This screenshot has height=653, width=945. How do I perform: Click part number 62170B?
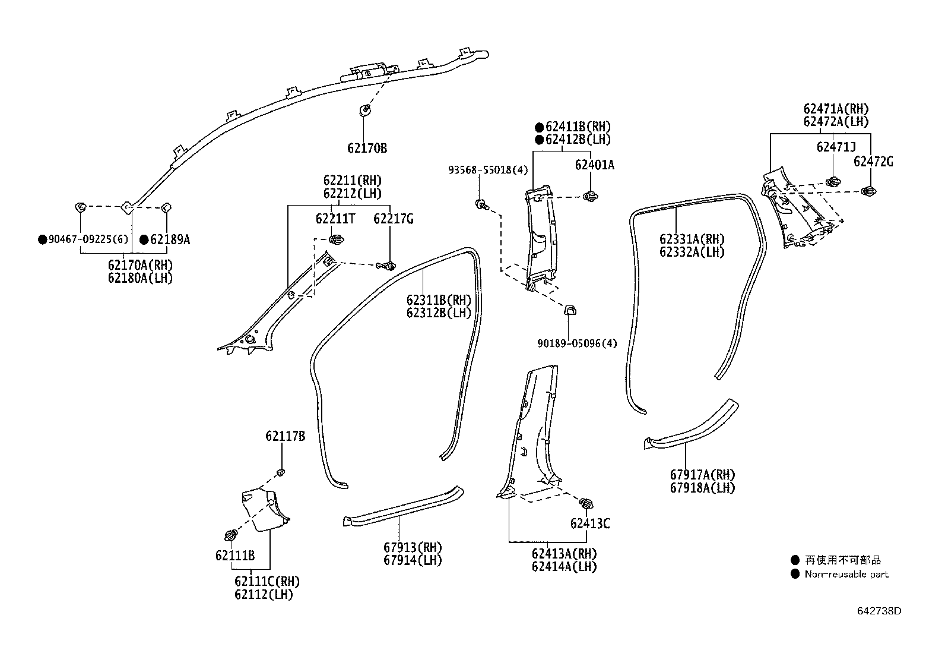click(367, 149)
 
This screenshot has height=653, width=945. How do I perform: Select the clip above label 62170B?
click(364, 111)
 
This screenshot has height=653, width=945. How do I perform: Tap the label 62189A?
click(170, 240)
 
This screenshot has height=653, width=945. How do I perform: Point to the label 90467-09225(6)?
click(88, 239)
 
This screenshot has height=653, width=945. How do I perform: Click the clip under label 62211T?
click(336, 240)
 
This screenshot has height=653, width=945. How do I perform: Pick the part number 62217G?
click(393, 219)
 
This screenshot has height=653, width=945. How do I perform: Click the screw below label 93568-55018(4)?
click(481, 205)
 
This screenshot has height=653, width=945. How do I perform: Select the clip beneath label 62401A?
click(591, 196)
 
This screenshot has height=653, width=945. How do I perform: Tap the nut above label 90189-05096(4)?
click(569, 310)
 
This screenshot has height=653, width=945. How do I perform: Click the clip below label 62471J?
click(833, 182)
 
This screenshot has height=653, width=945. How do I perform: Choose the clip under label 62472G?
click(868, 191)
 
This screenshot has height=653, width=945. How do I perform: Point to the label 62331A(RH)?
click(692, 239)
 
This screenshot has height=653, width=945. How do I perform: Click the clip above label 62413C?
click(586, 503)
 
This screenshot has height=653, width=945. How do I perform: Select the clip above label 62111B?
click(231, 535)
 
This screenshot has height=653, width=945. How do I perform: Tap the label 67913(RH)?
click(413, 547)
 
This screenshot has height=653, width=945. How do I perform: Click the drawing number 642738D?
click(879, 611)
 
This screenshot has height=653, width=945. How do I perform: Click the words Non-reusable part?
click(846, 574)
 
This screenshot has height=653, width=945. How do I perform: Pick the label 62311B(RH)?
click(439, 300)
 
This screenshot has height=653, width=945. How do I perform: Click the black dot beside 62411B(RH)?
click(539, 127)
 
